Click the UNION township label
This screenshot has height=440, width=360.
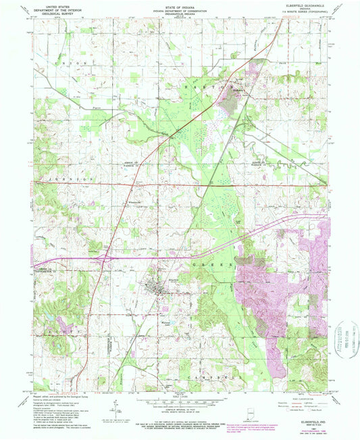tap(63, 62)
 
